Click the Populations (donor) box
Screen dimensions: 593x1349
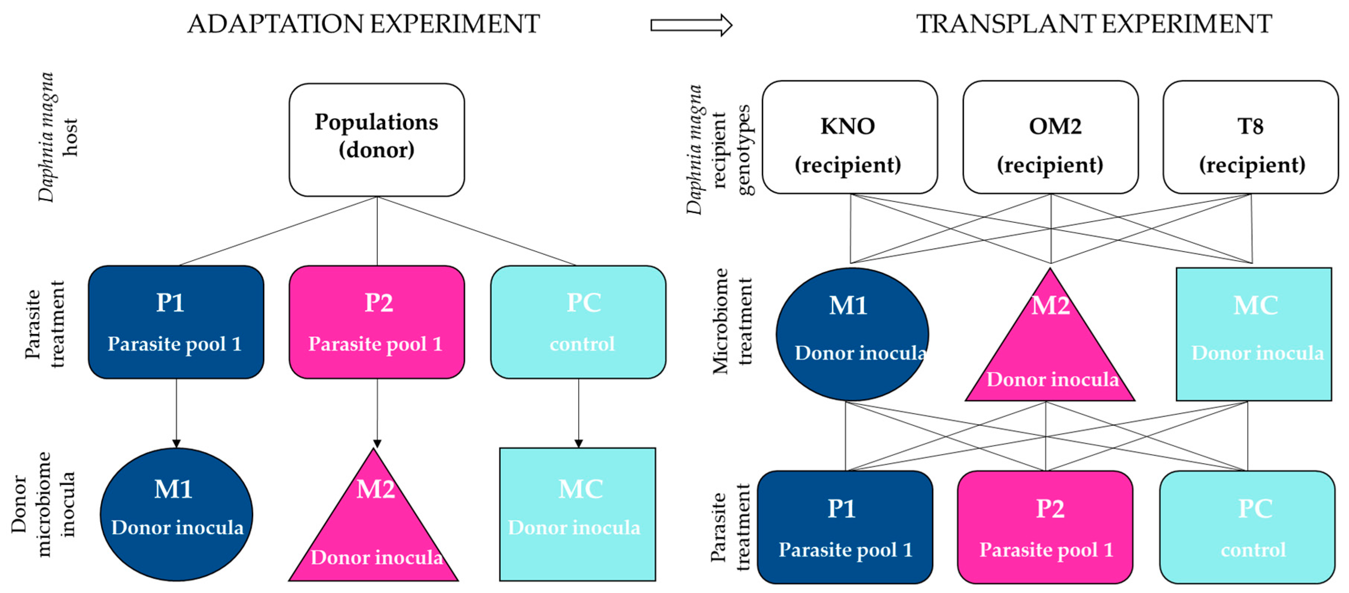(377, 140)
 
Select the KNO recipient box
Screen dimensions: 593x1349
(849, 137)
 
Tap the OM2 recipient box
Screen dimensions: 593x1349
(1050, 137)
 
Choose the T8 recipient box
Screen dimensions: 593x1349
(1251, 137)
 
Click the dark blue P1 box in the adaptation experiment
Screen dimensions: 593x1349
(176, 322)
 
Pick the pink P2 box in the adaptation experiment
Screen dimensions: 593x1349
(377, 322)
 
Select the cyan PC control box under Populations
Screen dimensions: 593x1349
(578, 322)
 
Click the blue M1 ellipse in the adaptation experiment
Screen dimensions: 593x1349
(176, 514)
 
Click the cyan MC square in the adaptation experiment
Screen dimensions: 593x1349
(577, 514)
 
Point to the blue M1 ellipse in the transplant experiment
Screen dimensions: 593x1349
(852, 334)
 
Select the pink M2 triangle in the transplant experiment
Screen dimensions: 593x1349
(1050, 351)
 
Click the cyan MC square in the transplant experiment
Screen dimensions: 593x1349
(1254, 334)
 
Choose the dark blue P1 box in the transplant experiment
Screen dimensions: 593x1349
(845, 527)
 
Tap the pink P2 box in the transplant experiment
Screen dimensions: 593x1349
(1045, 527)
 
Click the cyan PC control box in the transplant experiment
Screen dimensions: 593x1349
(1247, 527)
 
